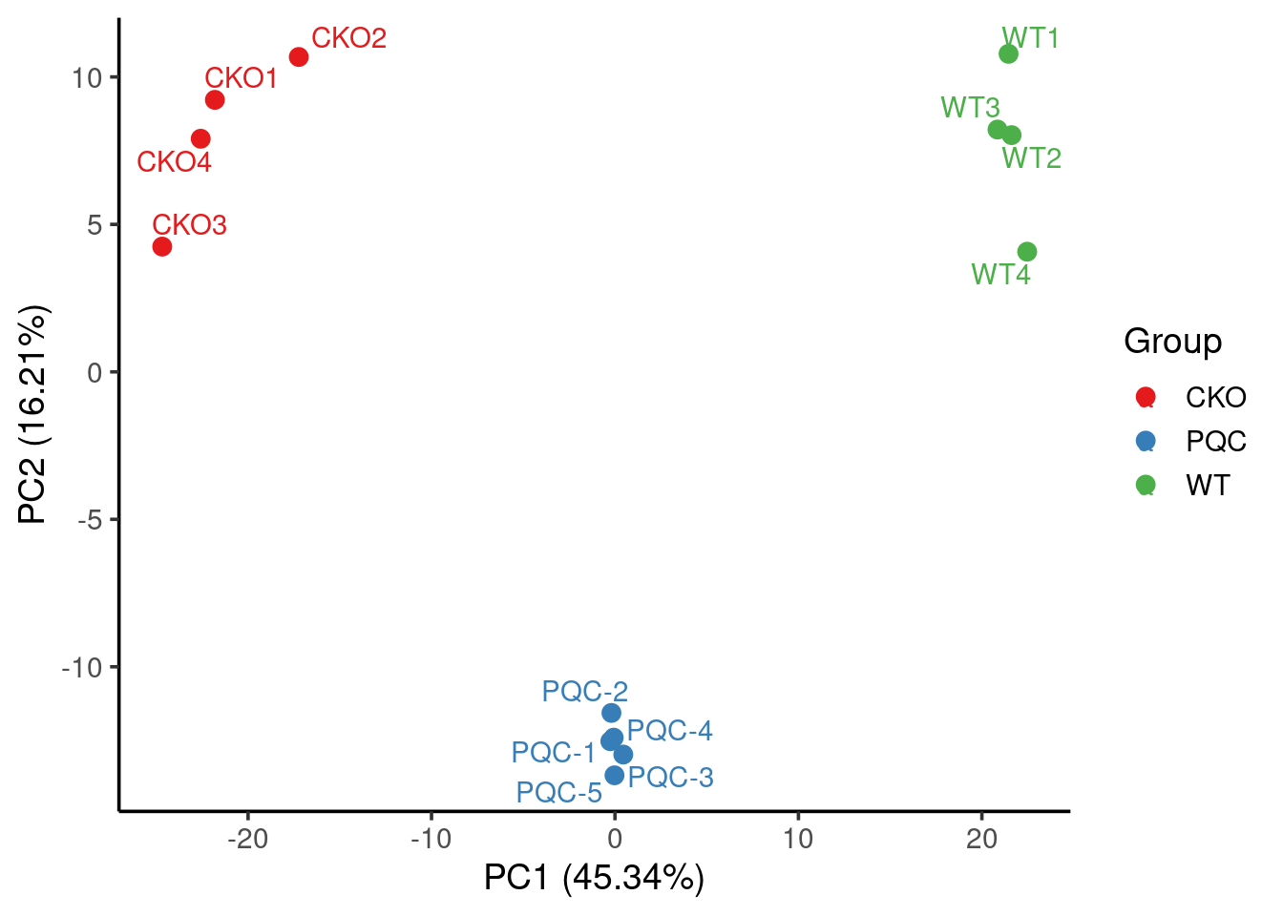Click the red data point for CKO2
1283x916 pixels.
pyautogui.click(x=299, y=57)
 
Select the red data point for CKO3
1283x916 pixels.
pyautogui.click(x=162, y=247)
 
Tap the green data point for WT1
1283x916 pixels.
pyautogui.click(x=1008, y=54)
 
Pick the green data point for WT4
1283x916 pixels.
pyautogui.click(x=1027, y=252)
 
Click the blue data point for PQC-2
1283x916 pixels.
pyautogui.click(x=612, y=713)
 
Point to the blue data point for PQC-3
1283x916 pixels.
pyautogui.click(x=615, y=776)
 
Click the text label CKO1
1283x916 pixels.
pyautogui.click(x=241, y=78)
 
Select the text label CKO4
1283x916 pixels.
pyautogui.click(x=174, y=162)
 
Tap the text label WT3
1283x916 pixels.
pyautogui.click(x=970, y=108)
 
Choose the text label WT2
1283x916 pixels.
pyautogui.click(x=1031, y=158)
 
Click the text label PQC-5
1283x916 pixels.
pyautogui.click(x=558, y=793)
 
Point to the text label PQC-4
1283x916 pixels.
pyautogui.click(x=669, y=731)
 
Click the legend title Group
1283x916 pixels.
pyautogui.click(x=1172, y=342)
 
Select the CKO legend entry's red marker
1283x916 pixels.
pyautogui.click(x=1146, y=397)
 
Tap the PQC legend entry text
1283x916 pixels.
pyautogui.click(x=1215, y=442)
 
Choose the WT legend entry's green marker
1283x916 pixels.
pyautogui.click(x=1146, y=485)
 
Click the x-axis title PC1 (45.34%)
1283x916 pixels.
pyautogui.click(x=594, y=877)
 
